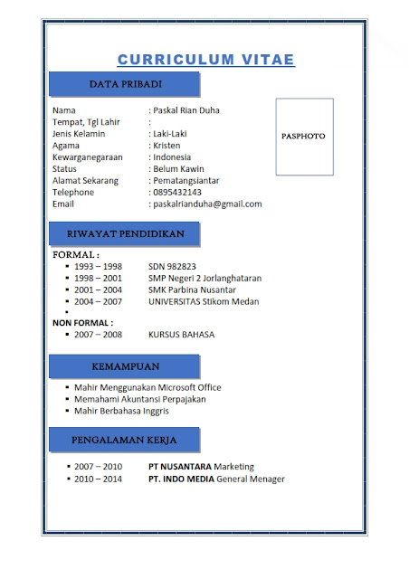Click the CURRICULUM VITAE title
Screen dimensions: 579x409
point(205,60)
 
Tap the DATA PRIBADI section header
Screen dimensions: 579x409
point(125,84)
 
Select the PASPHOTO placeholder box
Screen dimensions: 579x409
point(304,136)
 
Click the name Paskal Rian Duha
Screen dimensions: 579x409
point(186,110)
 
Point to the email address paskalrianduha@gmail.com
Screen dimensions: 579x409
point(207,204)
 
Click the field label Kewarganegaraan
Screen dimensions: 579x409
point(89,157)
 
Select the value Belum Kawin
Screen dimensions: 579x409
point(179,169)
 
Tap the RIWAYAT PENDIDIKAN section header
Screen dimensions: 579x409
point(125,233)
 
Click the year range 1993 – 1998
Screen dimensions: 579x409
point(99,266)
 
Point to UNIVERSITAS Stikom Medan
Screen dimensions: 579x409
point(204,301)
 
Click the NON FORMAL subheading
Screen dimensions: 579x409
point(82,322)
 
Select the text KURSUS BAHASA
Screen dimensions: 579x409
point(182,334)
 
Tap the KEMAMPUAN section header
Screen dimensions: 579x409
point(125,366)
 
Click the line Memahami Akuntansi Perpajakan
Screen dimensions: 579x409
point(140,399)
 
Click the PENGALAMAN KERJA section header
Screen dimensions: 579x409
point(125,441)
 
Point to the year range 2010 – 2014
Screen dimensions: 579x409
point(99,479)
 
